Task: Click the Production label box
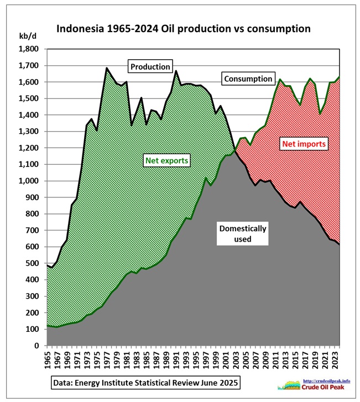pyautogui.click(x=150, y=66)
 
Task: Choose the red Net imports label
pyautogui.click(x=305, y=144)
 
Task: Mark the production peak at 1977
pyautogui.click(x=107, y=69)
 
